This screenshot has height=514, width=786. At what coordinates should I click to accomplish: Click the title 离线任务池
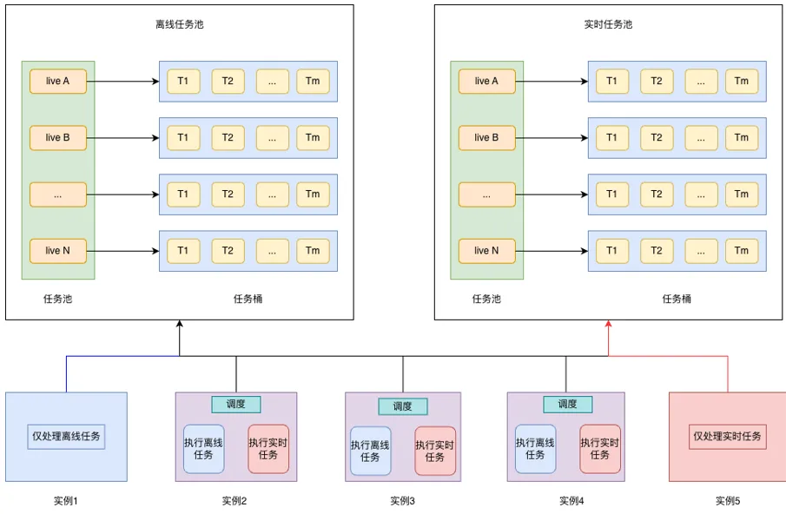point(179,24)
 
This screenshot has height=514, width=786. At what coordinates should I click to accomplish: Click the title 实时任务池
point(608,24)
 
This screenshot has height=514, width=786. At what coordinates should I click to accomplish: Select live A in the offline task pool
point(58,82)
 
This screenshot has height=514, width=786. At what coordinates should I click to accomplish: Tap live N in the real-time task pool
point(486,251)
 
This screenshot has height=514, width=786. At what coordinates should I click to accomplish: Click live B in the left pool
point(58,138)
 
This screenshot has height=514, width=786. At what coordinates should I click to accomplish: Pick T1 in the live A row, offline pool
point(183,82)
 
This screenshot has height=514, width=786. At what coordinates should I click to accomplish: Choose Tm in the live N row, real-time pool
point(741,251)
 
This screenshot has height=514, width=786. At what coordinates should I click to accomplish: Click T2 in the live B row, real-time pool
point(657,138)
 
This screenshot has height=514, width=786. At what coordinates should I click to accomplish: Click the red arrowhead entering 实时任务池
point(609,326)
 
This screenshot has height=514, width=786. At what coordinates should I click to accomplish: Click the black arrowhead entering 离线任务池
point(180,326)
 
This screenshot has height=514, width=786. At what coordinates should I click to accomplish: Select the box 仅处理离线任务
point(67,437)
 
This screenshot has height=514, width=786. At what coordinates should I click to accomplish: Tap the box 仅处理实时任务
point(727,436)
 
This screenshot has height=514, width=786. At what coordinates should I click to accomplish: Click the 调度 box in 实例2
point(236,405)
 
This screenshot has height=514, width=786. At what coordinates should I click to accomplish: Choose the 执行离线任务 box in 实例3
point(371,451)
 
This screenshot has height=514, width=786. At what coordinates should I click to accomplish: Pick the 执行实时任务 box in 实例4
point(600,449)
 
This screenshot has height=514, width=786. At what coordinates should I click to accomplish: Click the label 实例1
point(66,501)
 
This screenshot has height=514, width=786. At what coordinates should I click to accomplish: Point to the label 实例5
point(728,501)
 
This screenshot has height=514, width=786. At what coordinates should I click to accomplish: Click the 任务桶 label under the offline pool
point(248,299)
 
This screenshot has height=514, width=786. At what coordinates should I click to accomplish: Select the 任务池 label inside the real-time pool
point(486,299)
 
